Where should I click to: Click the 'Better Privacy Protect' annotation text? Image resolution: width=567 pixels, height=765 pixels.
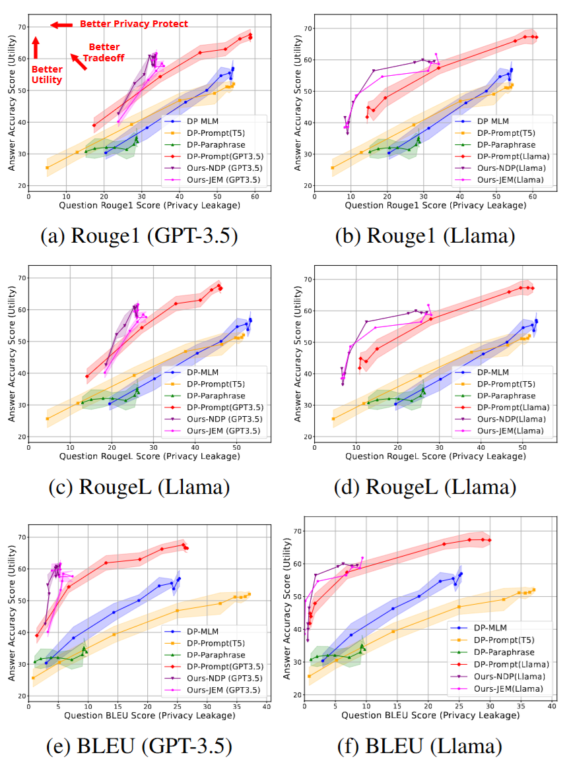[134, 24]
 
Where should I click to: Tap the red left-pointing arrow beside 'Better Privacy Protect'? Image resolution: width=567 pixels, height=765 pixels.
[61, 25]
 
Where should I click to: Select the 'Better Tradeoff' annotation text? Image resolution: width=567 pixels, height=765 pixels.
[104, 52]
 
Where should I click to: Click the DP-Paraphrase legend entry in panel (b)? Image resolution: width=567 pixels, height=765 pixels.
[488, 144]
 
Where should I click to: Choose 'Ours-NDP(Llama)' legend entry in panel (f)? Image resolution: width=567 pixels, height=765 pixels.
[504, 677]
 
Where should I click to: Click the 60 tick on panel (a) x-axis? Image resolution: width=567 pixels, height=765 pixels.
[254, 197]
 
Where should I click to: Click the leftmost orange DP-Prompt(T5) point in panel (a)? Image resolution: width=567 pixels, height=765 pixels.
[47, 168]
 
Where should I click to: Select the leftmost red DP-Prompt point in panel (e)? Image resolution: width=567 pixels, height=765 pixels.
[37, 636]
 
